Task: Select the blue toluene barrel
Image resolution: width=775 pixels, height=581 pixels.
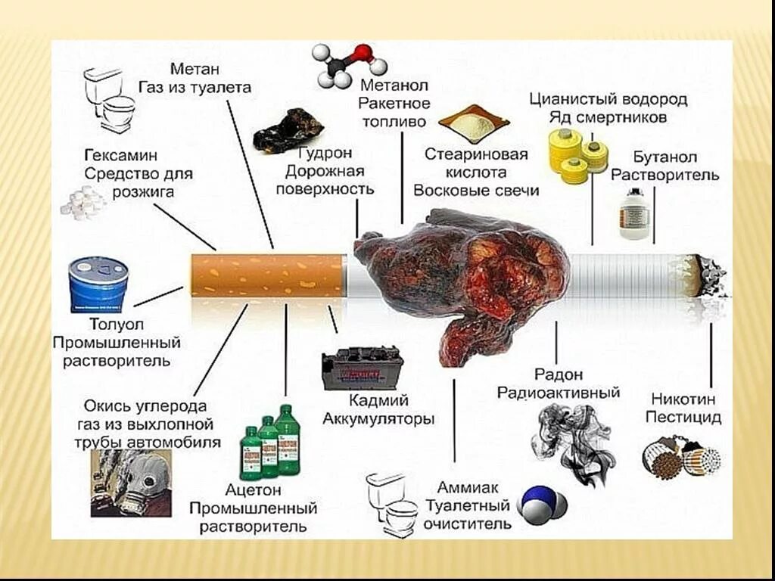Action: pyautogui.click(x=98, y=284)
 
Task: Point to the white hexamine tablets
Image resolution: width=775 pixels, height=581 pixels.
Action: pyautogui.click(x=84, y=202)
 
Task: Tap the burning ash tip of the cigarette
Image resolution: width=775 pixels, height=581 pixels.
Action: pyautogui.click(x=708, y=276)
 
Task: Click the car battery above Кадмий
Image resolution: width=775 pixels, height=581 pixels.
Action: pyautogui.click(x=362, y=368)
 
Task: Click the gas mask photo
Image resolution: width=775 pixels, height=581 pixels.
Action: pyautogui.click(x=131, y=482)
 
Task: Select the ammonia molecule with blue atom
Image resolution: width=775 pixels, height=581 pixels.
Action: pyautogui.click(x=542, y=505)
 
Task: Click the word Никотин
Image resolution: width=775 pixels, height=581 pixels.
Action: pyautogui.click(x=682, y=399)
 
